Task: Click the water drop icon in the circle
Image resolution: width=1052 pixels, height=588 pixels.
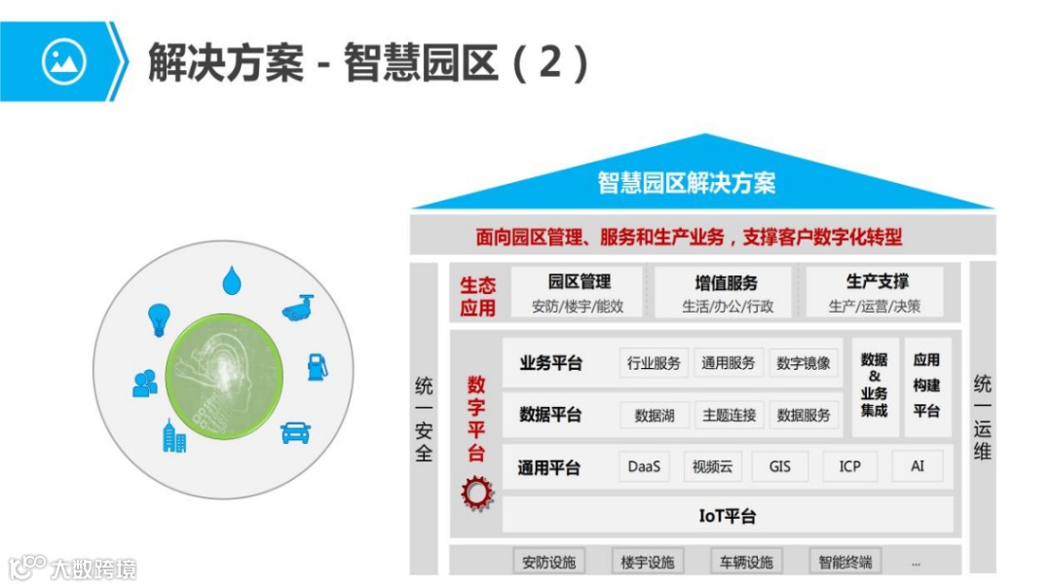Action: coord(231,280)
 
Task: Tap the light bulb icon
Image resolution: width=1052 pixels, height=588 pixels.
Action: coord(159,319)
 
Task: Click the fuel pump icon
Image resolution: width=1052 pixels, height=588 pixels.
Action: coord(318,367)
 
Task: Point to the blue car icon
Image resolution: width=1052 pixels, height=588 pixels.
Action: coord(295,431)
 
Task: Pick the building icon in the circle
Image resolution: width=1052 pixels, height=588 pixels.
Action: coord(174,436)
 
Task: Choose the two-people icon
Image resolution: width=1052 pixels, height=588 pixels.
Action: coord(145,384)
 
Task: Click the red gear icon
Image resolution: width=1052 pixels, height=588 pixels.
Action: coord(477,493)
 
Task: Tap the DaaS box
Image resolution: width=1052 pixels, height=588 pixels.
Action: coord(644,466)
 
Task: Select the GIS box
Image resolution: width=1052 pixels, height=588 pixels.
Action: coord(779,466)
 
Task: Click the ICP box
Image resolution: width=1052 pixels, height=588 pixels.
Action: coord(849,466)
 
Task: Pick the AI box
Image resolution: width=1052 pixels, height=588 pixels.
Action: coord(918,466)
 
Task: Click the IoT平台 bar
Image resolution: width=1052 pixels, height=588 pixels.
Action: coord(727,516)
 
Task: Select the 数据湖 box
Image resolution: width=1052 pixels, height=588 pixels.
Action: coord(655,415)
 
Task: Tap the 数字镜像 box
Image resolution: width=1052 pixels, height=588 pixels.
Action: coord(804,363)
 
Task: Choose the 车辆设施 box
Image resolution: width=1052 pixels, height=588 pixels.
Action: coord(746,562)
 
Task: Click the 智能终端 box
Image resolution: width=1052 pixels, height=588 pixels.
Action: coord(845,562)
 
